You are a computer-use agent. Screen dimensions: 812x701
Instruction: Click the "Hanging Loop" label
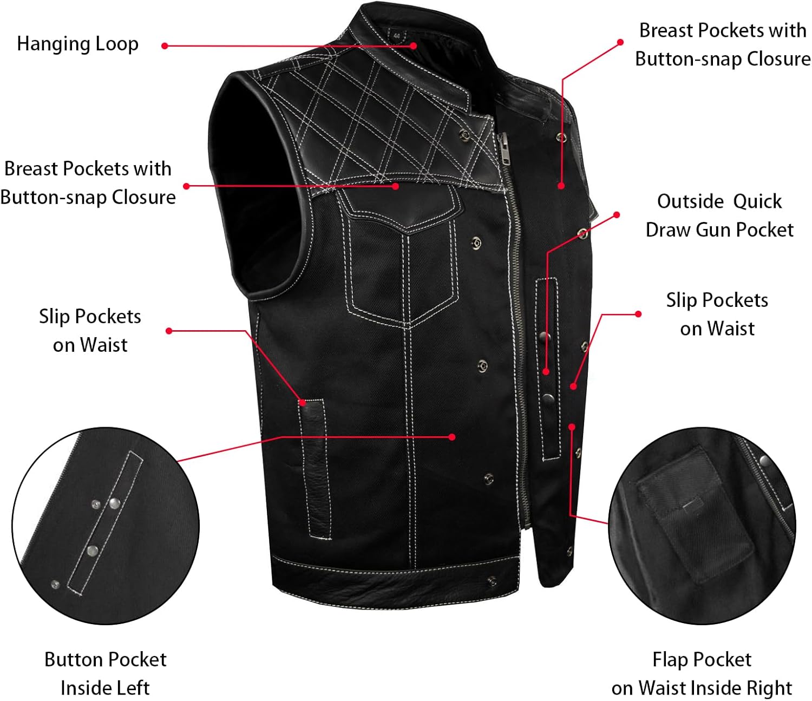[x=77, y=44]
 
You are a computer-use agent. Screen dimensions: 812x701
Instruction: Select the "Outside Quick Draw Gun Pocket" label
[x=719, y=215]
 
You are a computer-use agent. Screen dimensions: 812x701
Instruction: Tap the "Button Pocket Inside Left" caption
[x=105, y=673]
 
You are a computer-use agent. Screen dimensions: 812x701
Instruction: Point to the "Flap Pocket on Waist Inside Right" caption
[x=702, y=673]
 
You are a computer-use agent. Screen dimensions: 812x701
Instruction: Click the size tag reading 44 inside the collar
[x=397, y=36]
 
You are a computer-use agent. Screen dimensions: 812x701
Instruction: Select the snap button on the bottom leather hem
[x=492, y=581]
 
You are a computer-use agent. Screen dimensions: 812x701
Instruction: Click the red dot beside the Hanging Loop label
[x=165, y=46]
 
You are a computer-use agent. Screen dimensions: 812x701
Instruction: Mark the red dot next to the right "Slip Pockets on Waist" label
[x=638, y=314]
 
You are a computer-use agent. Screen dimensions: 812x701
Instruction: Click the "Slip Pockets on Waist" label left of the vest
[x=90, y=330]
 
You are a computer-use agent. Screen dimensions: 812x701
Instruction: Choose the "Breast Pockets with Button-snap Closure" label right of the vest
[x=723, y=44]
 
